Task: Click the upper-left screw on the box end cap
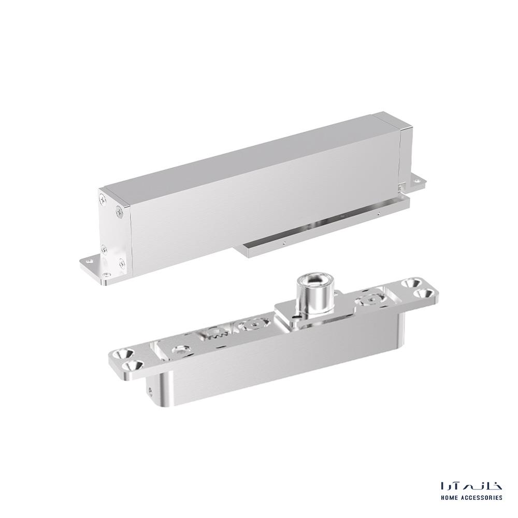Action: (x=103, y=199)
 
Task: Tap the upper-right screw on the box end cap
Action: (x=119, y=210)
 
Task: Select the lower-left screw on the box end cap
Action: (x=105, y=250)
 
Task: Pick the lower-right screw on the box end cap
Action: (x=122, y=263)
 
